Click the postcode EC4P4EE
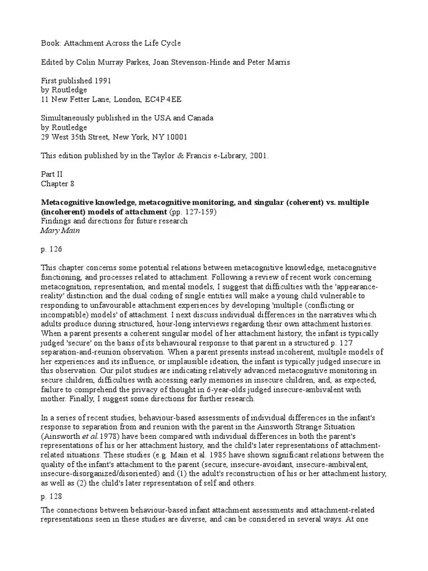tap(163, 99)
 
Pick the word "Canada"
tap(199, 118)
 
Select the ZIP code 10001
tap(175, 137)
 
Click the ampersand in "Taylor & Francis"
tap(196, 156)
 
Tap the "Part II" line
tap(52, 174)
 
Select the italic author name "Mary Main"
tap(60, 230)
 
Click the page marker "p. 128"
tap(52, 494)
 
